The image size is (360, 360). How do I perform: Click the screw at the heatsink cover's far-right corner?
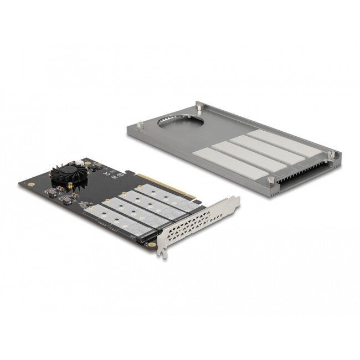click(x=331, y=155)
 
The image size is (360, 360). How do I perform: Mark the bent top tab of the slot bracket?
click(x=235, y=200)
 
